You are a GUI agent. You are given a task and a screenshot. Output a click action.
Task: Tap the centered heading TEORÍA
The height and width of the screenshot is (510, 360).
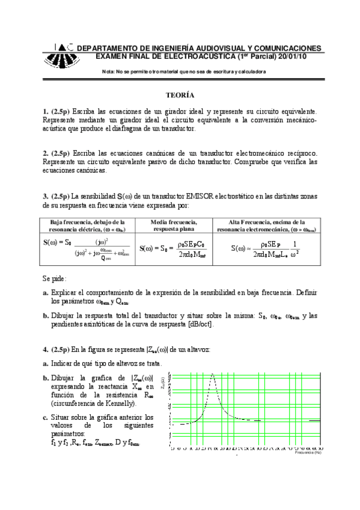[180, 95]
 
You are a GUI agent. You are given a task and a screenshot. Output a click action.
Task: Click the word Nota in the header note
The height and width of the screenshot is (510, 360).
[109, 72]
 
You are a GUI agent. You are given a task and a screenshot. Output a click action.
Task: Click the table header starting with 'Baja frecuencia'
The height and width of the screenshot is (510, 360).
[84, 226]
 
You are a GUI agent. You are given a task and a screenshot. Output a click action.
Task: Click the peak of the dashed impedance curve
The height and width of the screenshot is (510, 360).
[212, 375]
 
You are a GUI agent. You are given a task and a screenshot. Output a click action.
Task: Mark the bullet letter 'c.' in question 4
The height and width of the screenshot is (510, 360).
[46, 417]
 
